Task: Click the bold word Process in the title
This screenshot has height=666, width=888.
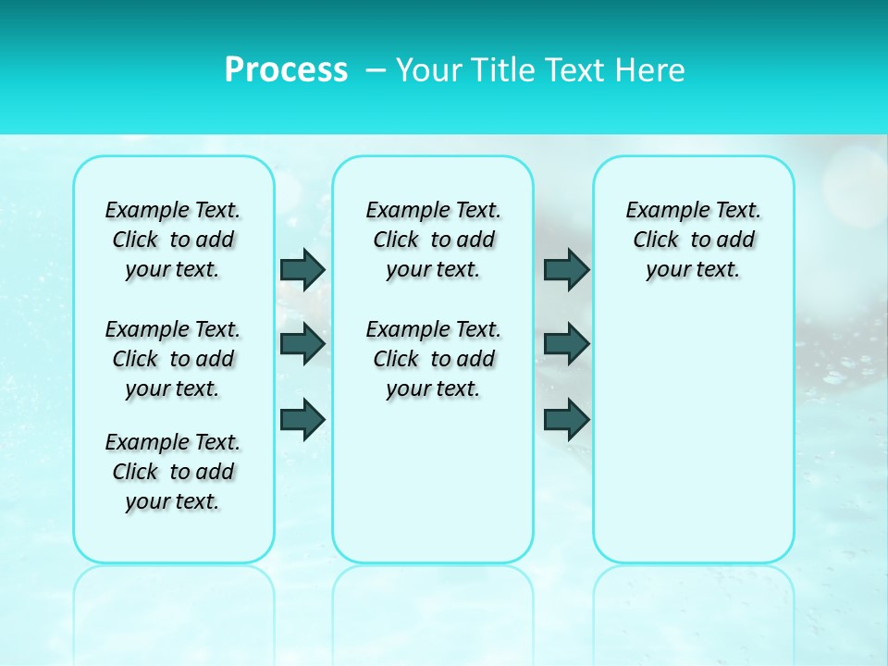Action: (x=286, y=70)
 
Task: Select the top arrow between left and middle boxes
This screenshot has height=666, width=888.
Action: (x=302, y=269)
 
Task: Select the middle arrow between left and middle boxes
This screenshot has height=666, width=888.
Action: (x=302, y=344)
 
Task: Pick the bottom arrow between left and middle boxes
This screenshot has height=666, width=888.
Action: (x=302, y=418)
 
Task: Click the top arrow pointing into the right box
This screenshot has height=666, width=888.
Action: (x=566, y=269)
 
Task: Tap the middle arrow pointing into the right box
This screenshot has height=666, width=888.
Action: (x=566, y=344)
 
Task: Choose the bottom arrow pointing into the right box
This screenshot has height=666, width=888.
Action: (x=566, y=418)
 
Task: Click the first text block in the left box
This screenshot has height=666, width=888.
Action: (x=173, y=240)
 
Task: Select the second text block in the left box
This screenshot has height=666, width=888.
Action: (x=173, y=359)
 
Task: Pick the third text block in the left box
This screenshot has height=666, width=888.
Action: (x=173, y=472)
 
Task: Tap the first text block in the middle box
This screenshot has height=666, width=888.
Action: (x=433, y=240)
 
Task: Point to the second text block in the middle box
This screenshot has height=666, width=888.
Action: (x=433, y=359)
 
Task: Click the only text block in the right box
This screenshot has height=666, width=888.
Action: (x=693, y=240)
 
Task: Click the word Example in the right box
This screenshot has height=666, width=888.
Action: (x=660, y=211)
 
